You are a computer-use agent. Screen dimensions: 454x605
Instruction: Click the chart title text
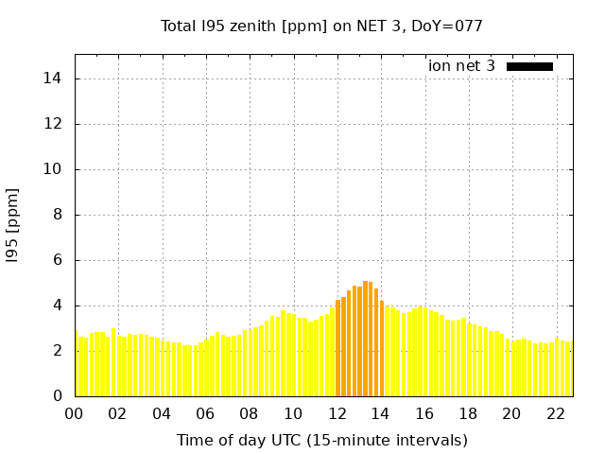point(321,26)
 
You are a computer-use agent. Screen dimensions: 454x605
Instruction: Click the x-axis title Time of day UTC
point(321,440)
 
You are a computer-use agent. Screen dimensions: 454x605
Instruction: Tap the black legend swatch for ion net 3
point(529,66)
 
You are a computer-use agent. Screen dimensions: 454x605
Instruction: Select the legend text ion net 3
point(461,66)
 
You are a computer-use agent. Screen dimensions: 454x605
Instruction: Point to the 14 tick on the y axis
point(59,79)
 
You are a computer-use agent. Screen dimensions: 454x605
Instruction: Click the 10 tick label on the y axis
point(59,169)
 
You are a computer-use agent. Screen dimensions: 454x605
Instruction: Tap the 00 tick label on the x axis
point(75,413)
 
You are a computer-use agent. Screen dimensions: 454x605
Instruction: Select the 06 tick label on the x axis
point(206,413)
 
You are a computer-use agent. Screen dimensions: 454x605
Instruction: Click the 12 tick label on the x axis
point(337,413)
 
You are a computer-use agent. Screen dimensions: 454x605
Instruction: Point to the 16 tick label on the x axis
point(424,413)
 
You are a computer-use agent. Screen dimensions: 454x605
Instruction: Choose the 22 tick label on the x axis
point(556,413)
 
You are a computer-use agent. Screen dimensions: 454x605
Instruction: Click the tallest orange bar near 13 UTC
point(366,339)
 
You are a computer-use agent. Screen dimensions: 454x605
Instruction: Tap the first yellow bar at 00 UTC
point(78,367)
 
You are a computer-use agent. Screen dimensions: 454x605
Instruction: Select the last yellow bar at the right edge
point(571,369)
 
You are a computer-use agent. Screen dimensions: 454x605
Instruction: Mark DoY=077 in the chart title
point(449,26)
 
